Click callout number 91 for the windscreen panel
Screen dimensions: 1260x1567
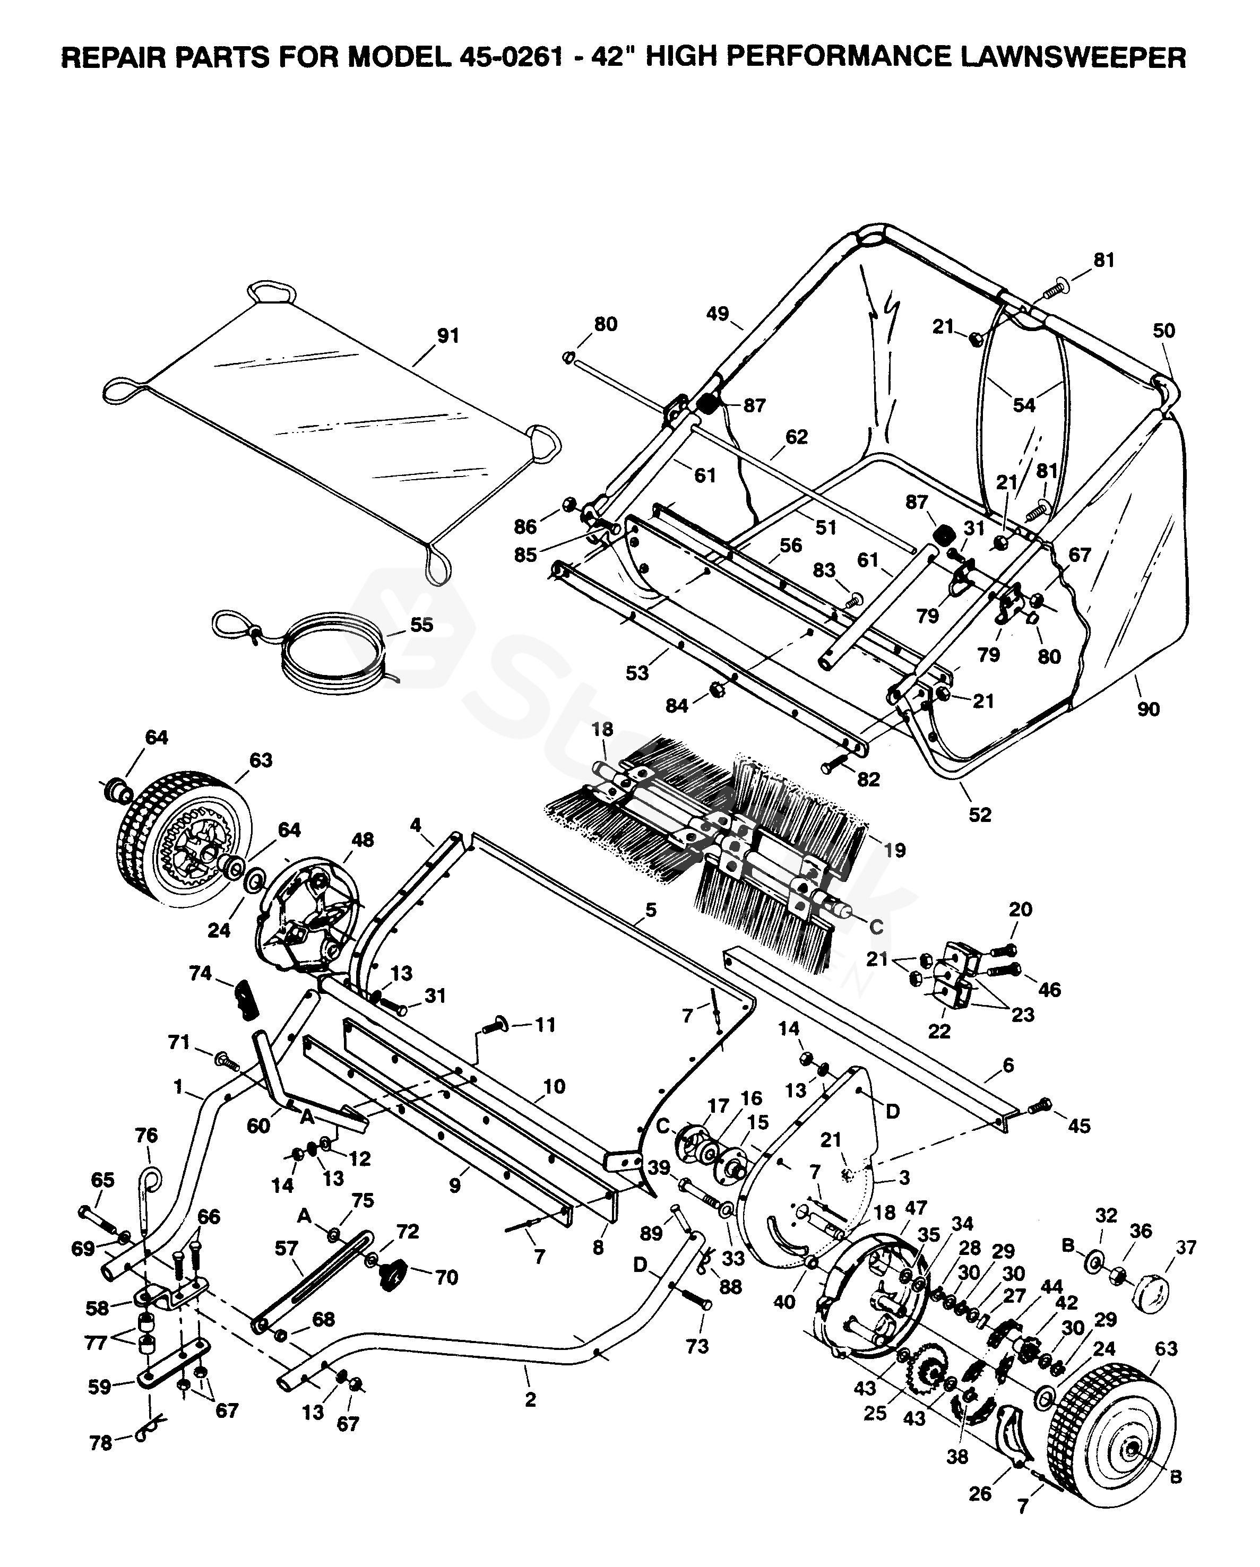pyautogui.click(x=448, y=336)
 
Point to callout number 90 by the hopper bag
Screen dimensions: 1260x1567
pyautogui.click(x=1148, y=708)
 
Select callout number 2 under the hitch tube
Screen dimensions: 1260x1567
pyautogui.click(x=530, y=1398)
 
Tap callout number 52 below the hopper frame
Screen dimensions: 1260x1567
pyautogui.click(x=979, y=815)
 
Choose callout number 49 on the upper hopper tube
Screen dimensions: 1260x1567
pyautogui.click(x=718, y=314)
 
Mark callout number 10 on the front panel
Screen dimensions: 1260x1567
pyautogui.click(x=554, y=1087)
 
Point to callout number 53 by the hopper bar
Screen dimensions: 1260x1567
pyautogui.click(x=637, y=673)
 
